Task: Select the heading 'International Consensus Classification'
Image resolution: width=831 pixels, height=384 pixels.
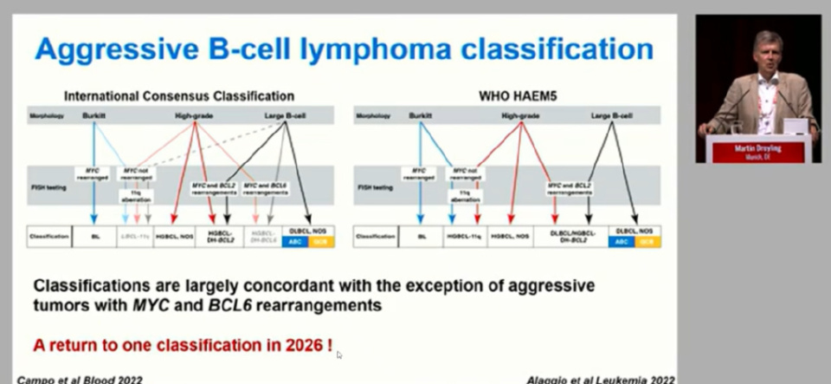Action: pyautogui.click(x=177, y=95)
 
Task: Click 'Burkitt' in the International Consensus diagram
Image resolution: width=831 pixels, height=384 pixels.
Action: pyautogui.click(x=93, y=114)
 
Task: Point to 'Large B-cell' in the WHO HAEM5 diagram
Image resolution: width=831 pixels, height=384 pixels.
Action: pyautogui.click(x=609, y=114)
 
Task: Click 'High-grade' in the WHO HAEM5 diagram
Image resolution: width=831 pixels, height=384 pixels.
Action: pyautogui.click(x=520, y=114)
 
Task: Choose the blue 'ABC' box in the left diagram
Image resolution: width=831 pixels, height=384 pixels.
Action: pyautogui.click(x=296, y=242)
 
